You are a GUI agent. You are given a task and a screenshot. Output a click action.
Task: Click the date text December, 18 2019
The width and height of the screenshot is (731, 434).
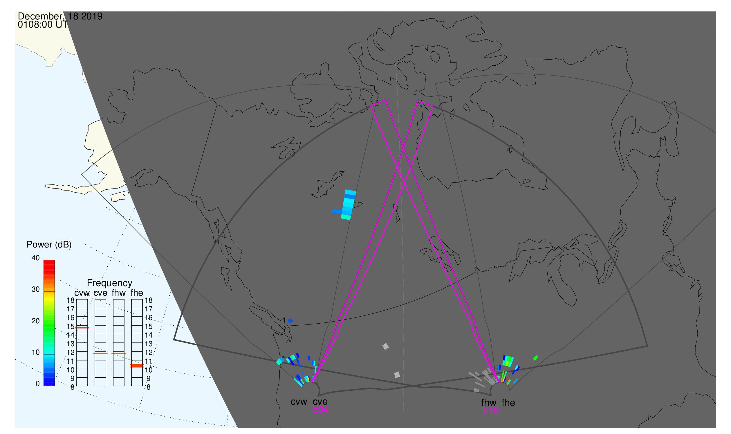coord(60,16)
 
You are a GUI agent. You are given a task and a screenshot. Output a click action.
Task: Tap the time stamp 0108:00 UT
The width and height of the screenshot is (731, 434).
coord(43,25)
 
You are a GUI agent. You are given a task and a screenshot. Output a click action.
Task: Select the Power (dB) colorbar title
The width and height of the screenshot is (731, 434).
coord(49,245)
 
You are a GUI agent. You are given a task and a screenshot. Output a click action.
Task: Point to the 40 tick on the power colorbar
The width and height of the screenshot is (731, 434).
coord(36,258)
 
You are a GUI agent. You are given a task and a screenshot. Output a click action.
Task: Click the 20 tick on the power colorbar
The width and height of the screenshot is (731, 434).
coord(36,321)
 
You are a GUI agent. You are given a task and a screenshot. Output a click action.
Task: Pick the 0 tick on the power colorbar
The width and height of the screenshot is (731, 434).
coord(37,384)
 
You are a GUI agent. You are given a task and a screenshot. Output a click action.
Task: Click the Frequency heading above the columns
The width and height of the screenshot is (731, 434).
coord(110,284)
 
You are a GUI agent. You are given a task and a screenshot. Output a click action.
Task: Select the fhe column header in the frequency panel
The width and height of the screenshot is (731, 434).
coord(137,293)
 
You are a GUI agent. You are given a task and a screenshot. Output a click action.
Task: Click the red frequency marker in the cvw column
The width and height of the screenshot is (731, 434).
coord(82,328)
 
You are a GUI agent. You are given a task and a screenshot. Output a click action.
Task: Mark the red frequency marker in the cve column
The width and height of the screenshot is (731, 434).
coord(100,354)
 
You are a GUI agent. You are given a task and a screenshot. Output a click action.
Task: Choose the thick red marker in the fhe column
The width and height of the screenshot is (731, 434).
coord(137,366)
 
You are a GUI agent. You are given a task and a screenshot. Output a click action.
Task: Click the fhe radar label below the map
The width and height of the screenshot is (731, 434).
coord(508,403)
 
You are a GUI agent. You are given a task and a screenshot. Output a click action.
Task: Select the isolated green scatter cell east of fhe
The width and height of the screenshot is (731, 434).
coord(535,358)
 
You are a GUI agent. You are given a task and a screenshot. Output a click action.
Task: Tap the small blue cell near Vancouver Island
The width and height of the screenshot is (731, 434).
coord(290,321)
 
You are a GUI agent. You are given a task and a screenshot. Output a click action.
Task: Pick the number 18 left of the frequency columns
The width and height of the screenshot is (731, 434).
coord(71,301)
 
